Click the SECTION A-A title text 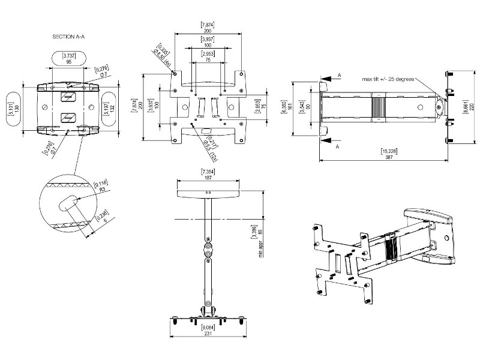[x=68, y=37]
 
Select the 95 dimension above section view [x=69, y=61]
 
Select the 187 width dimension [x=207, y=179]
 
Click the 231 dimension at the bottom [x=207, y=333]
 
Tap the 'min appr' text [x=261, y=247]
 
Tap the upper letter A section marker [x=340, y=74]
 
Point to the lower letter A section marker [x=340, y=146]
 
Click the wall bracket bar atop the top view [x=207, y=195]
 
